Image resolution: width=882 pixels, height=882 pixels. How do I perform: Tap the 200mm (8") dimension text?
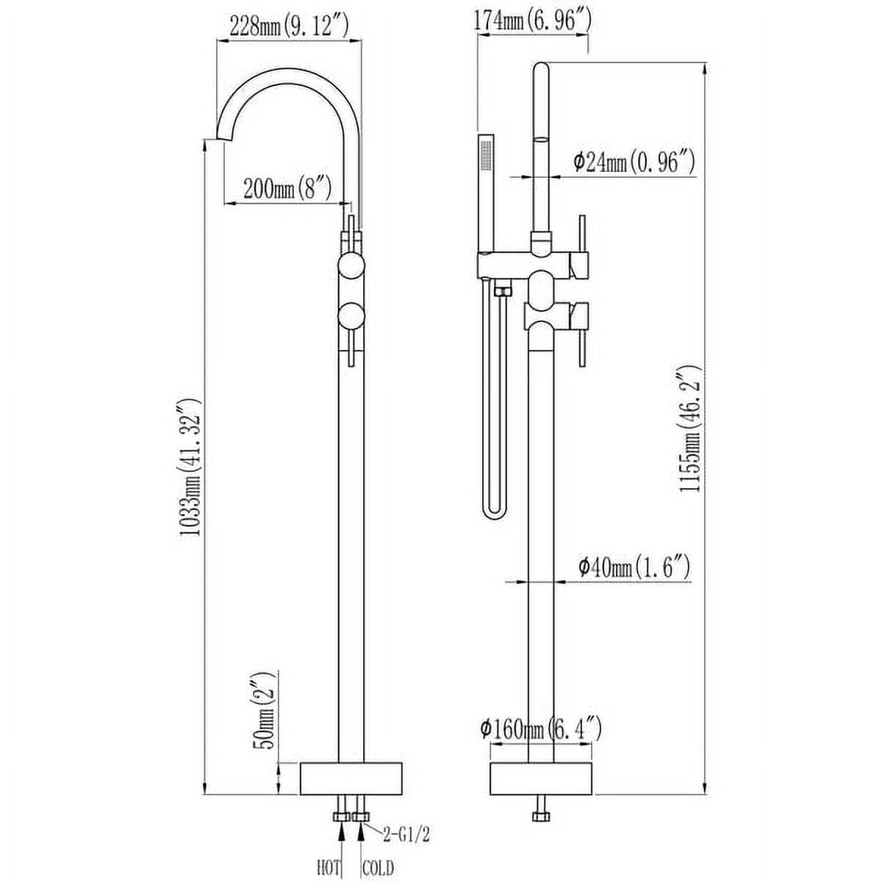click(287, 189)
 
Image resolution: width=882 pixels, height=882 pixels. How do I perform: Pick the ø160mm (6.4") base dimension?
click(540, 730)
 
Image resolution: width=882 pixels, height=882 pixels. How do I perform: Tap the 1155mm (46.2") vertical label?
click(690, 428)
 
